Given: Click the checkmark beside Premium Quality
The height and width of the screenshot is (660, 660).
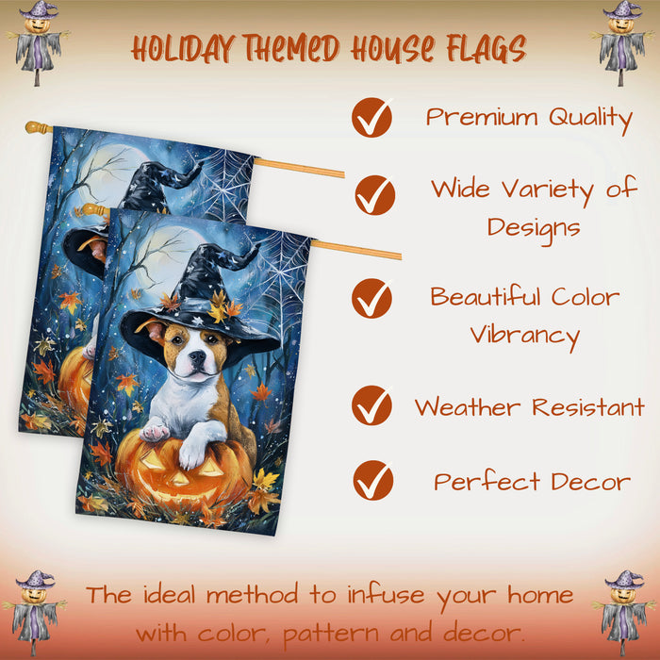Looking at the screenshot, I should coord(371,118).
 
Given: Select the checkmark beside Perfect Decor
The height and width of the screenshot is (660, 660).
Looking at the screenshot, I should coord(373,480).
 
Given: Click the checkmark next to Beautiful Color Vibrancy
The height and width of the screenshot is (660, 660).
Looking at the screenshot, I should coord(371,298).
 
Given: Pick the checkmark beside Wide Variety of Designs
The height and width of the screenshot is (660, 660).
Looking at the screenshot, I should coord(375,195).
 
